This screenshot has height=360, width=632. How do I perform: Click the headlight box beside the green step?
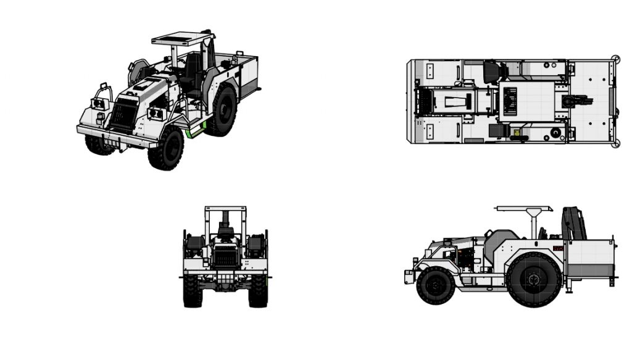pyautogui.click(x=157, y=114)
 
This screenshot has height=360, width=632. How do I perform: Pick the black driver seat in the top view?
pyautogui.click(x=491, y=72)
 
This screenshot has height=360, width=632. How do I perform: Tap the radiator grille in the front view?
pyautogui.click(x=225, y=255)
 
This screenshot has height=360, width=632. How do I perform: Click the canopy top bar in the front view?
pyautogui.click(x=225, y=209)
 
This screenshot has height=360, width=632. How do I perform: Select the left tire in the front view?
pyautogui.click(x=192, y=291)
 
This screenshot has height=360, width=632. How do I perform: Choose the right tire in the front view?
pyautogui.click(x=258, y=291)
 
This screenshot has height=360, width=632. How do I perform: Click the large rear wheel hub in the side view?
pyautogui.click(x=534, y=279)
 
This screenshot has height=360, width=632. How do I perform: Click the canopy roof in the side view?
pyautogui.click(x=524, y=209)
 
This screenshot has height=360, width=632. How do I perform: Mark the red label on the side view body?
pyautogui.click(x=557, y=248)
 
